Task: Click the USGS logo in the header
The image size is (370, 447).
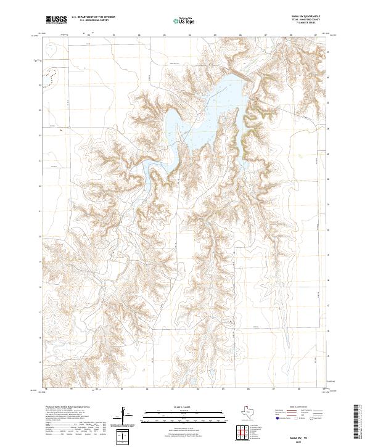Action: pyautogui.click(x=56, y=20)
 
